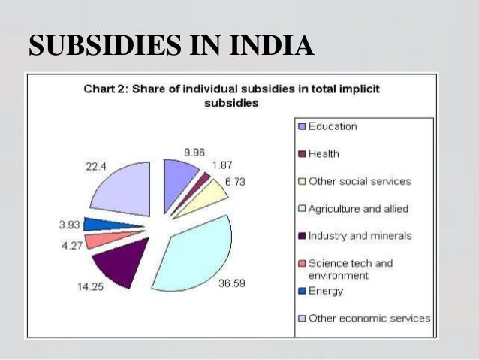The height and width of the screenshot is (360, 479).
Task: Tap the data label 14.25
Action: point(89,286)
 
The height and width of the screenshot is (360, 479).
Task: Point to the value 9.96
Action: point(194,151)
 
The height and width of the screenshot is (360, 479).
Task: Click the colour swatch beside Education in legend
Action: point(302,126)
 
